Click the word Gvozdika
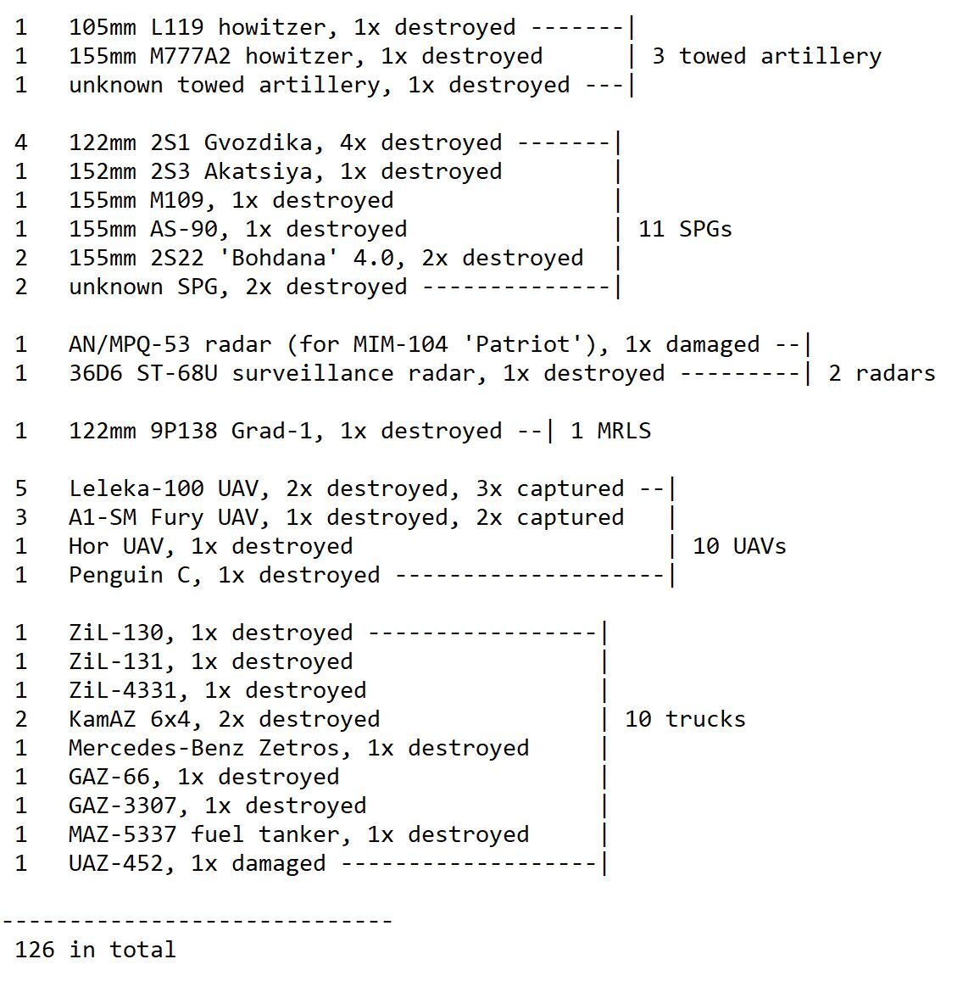coord(258,143)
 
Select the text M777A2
coord(190,56)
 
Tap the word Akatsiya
coord(258,172)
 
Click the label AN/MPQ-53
coord(129,344)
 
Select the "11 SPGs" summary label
coord(685,229)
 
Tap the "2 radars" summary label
coord(882,373)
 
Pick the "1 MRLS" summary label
coord(610,432)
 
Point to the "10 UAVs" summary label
coord(739,546)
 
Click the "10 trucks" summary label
coord(685,719)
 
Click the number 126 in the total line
coord(35,949)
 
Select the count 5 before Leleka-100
coord(21,488)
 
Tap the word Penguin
coord(116,576)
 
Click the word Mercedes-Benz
coord(156,748)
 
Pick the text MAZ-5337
coord(123,834)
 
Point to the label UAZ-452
coord(116,863)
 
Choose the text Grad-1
coord(271,432)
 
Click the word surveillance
coord(313,373)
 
